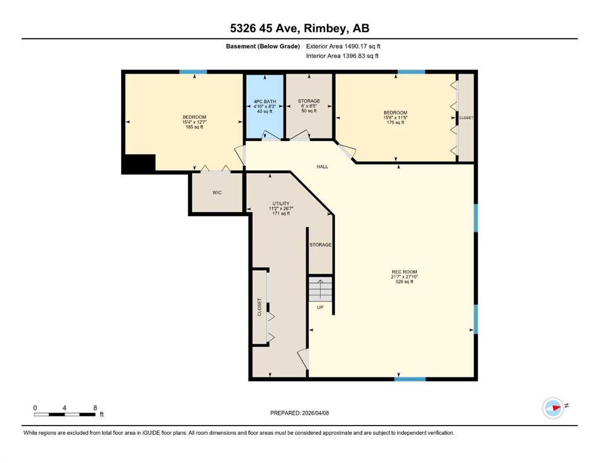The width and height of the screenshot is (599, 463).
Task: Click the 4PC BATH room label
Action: click(264, 101)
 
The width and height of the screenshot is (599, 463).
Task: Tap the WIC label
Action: click(217, 193)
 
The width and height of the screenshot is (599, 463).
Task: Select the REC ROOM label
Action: click(404, 272)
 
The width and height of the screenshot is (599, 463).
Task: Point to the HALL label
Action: click(322, 166)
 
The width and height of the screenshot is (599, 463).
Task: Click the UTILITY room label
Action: click(280, 203)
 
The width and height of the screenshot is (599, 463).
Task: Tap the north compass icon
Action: click(554, 408)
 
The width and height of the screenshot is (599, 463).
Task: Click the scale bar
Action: click(65, 414)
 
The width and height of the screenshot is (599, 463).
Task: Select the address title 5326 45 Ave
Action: click(267, 28)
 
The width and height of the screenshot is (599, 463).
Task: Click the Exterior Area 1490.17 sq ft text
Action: click(343, 46)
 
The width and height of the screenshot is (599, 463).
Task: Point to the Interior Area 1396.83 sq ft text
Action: click(342, 55)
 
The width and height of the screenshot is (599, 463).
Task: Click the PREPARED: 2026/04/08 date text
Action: click(299, 413)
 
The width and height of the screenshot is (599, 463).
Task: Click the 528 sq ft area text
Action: click(404, 282)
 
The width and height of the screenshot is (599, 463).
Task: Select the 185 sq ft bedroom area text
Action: click(194, 127)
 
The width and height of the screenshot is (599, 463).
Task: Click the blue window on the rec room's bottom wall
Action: click(410, 379)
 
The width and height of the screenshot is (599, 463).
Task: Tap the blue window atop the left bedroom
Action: click(193, 72)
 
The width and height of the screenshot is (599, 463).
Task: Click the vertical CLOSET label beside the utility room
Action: click(259, 307)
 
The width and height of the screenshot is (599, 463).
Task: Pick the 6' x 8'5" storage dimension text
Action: click(309, 106)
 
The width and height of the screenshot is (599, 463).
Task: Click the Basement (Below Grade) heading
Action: click(263, 46)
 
